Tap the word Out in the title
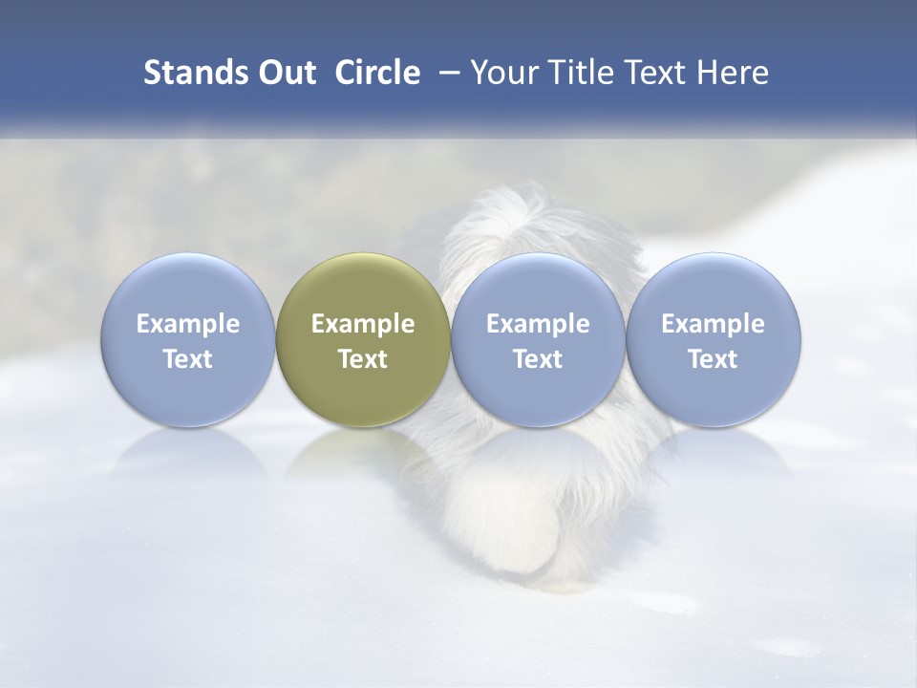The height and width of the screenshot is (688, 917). (x=286, y=73)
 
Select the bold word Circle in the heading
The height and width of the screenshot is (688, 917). (x=377, y=73)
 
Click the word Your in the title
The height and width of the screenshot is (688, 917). (x=502, y=73)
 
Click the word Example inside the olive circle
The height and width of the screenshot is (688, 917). (x=363, y=324)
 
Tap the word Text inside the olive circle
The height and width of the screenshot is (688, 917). (x=363, y=359)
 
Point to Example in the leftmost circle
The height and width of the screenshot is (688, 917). (x=188, y=324)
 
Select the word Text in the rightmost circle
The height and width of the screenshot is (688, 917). (x=714, y=359)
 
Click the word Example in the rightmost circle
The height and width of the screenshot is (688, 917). (x=714, y=324)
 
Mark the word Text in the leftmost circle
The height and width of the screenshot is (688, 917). (x=188, y=359)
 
